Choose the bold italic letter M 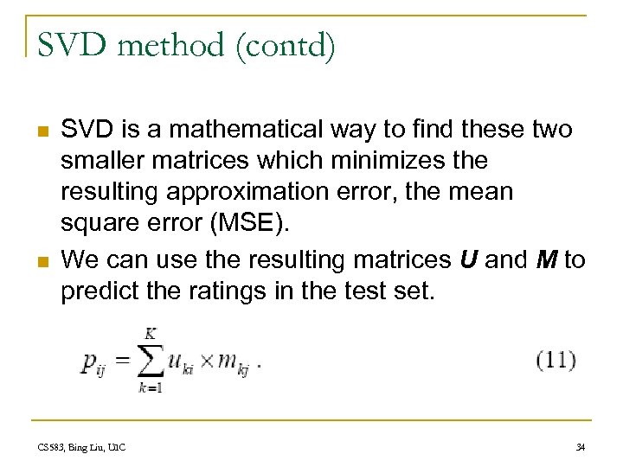(546, 259)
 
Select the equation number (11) (556, 359)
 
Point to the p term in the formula (91, 364)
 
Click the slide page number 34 (579, 447)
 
